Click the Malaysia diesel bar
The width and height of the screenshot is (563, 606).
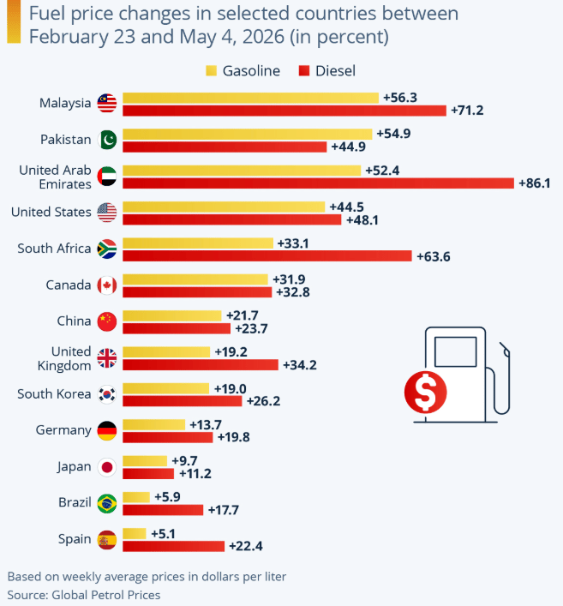click(284, 111)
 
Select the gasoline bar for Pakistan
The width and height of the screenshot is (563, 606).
click(248, 134)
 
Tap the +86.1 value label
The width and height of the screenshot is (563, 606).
click(535, 183)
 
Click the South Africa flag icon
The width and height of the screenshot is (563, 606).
click(107, 249)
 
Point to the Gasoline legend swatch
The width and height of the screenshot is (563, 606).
click(211, 71)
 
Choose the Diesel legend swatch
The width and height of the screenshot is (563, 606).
click(304, 71)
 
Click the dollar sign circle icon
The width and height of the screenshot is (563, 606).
click(425, 392)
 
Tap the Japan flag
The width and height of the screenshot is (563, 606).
click(107, 467)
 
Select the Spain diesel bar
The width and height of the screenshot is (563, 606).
click(173, 547)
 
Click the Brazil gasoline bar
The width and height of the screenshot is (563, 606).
click(136, 497)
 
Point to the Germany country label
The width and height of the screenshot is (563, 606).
click(63, 430)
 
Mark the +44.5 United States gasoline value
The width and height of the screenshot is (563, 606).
click(346, 207)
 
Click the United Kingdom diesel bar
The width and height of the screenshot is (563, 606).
click(201, 365)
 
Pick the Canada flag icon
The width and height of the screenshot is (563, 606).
click(107, 285)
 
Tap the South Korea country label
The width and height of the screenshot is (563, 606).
click(54, 393)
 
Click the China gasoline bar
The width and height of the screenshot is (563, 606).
click(172, 315)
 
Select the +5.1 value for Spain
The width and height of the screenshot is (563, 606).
click(163, 534)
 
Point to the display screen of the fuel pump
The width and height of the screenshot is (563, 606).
click(456, 351)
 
